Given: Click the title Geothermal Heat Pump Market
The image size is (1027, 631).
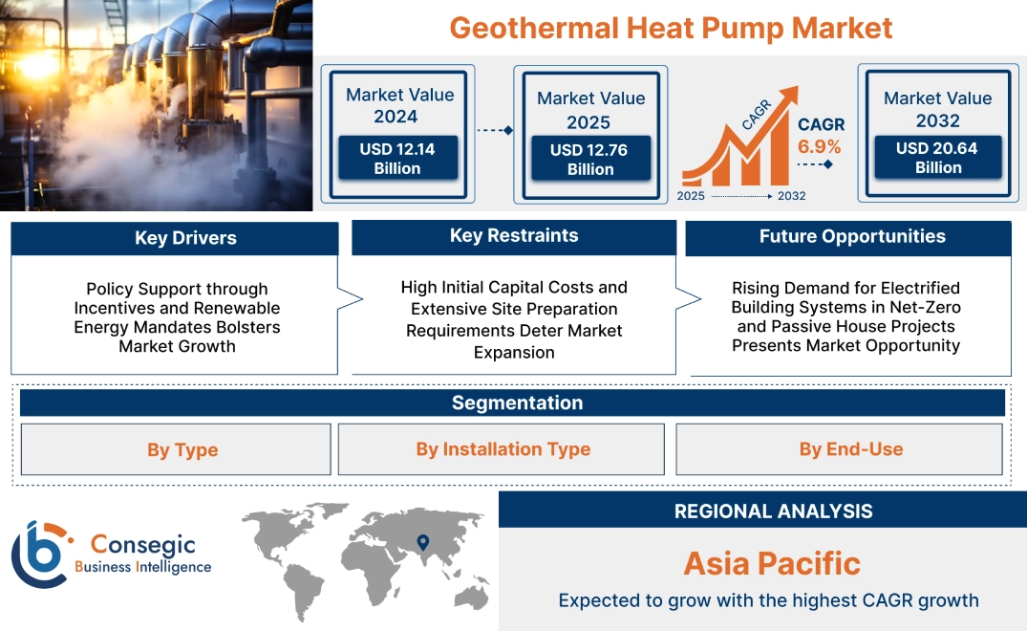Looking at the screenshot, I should [x=671, y=27].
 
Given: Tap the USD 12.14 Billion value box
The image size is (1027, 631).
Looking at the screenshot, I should [x=396, y=158].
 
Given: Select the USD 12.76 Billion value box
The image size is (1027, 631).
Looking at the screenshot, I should [x=590, y=159].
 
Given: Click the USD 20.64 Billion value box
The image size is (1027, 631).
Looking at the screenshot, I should [x=938, y=157].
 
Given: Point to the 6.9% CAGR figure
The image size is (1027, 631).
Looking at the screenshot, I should [x=819, y=146].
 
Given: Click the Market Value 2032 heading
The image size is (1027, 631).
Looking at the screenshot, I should [x=937, y=109].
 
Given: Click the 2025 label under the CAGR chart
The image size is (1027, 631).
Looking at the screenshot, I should [x=692, y=196].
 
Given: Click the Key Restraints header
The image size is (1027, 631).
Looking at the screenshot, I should [x=514, y=236].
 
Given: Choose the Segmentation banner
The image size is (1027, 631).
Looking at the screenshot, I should [x=517, y=403].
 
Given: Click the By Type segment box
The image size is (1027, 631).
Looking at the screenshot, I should [x=182, y=449].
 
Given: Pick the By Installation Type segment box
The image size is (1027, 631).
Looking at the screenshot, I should [x=503, y=449].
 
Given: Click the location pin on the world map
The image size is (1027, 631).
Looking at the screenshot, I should [x=421, y=543].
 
